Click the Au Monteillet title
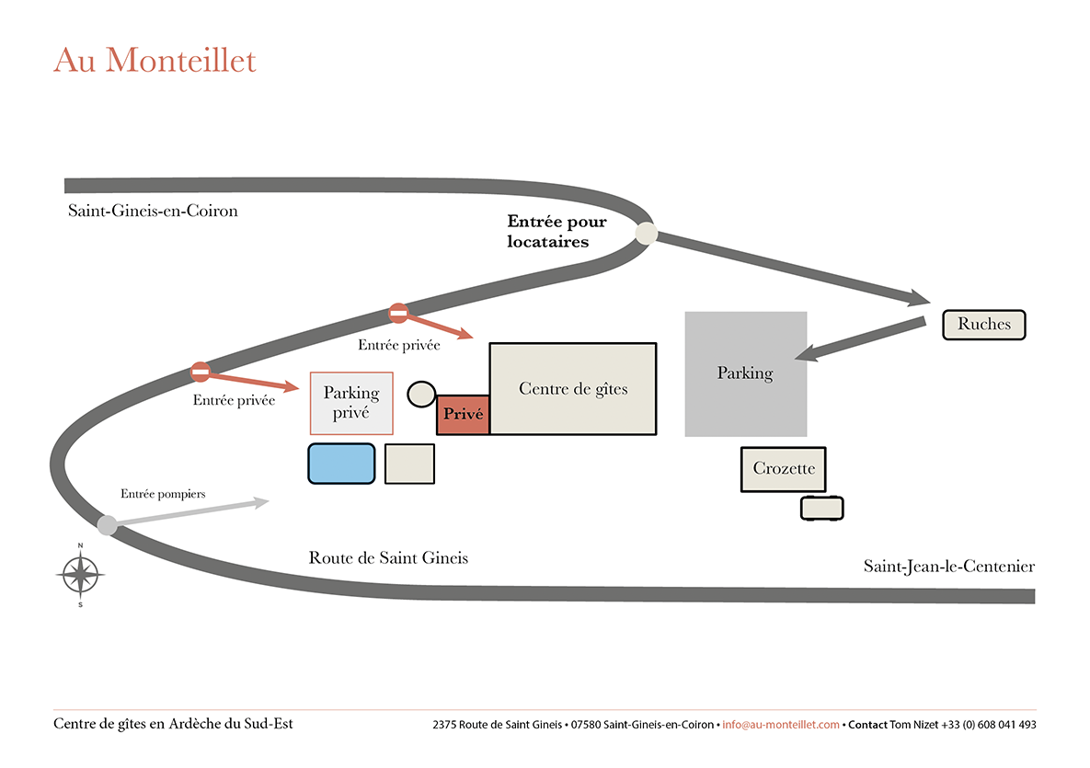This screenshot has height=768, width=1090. point(155,61)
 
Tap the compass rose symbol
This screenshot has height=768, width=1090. point(81,576)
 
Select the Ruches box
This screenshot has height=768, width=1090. point(983,325)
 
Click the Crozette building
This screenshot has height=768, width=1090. point(784,469)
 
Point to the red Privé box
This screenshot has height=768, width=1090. point(463,415)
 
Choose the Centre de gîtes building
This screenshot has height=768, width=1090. point(572,389)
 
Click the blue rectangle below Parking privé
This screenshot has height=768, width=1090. point(341,464)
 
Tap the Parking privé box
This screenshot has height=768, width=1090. point(351,403)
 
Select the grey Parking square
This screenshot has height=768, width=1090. point(745,374)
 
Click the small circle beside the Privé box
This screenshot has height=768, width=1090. point(421,395)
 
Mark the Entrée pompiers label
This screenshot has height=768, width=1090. point(163,494)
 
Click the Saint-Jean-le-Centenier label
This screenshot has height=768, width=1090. point(948,567)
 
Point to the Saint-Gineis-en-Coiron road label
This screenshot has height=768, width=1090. point(153,211)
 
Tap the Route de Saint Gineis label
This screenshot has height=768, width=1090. point(388,558)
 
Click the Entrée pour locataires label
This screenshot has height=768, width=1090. point(556,232)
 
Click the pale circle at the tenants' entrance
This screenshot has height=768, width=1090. point(646,234)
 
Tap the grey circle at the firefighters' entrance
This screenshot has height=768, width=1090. point(108,525)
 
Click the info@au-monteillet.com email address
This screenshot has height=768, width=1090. point(781,725)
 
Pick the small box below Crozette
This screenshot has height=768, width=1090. point(821,508)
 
